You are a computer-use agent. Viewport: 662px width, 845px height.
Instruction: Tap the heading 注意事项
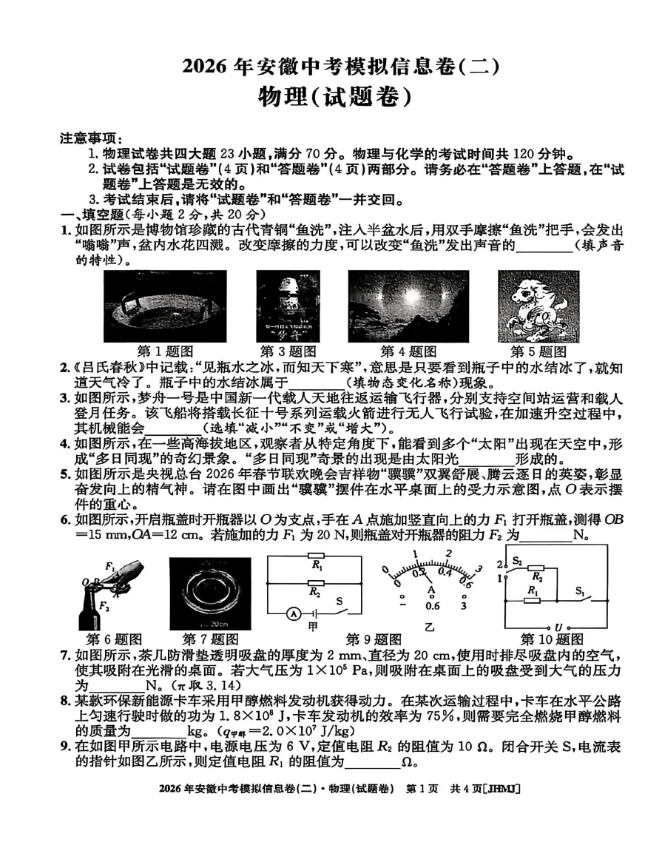[88, 138]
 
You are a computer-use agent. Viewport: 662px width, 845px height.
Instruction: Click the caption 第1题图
[166, 351]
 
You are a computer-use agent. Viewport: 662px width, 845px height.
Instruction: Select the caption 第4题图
[408, 351]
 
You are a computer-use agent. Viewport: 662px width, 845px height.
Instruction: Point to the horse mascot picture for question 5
[527, 306]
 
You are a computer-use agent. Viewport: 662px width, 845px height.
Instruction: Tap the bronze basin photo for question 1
[165, 306]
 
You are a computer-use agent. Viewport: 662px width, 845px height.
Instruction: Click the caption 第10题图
[549, 639]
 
